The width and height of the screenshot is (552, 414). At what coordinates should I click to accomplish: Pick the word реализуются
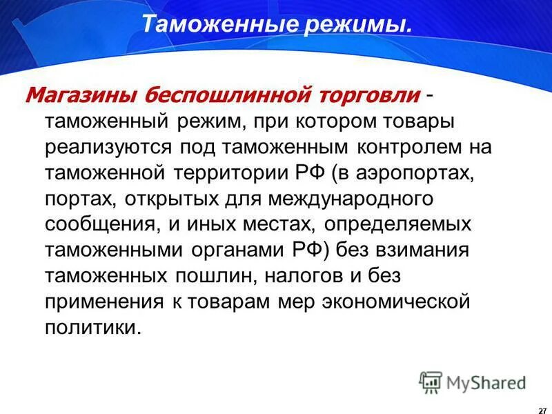coord(108,148)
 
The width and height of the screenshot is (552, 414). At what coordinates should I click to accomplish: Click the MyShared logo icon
coord(431,382)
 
